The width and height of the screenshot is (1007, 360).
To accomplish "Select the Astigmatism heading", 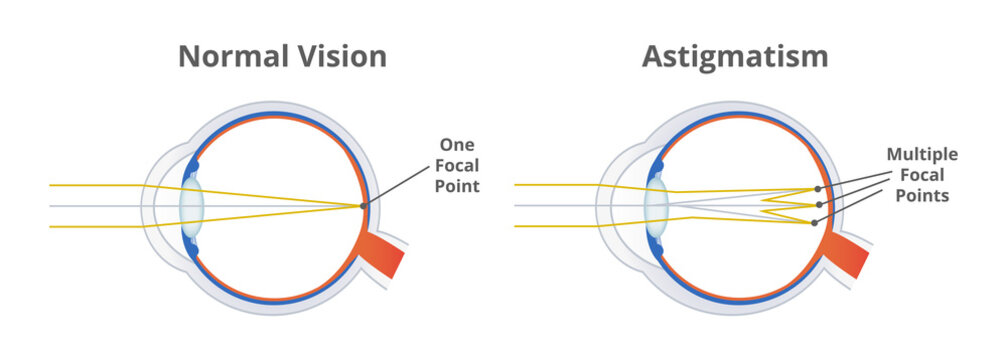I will click(734, 56).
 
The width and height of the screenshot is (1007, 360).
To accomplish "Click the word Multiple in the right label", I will click(922, 155).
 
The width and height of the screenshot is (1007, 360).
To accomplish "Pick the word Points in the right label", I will click(922, 197).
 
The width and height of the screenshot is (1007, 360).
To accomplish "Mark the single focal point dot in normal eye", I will click(363, 206).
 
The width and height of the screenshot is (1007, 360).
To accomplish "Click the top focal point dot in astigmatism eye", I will click(818, 188).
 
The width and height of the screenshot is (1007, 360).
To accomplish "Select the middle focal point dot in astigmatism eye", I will click(820, 205).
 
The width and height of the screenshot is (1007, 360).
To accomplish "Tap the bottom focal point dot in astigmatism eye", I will click(814, 222).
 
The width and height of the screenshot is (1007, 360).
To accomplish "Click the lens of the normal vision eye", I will click(191, 206).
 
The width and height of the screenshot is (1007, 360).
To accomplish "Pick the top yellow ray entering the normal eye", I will click(90, 185).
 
